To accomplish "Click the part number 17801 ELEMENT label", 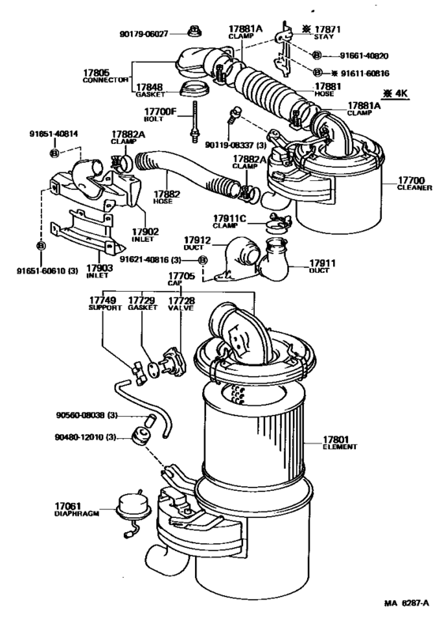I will [339, 442].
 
